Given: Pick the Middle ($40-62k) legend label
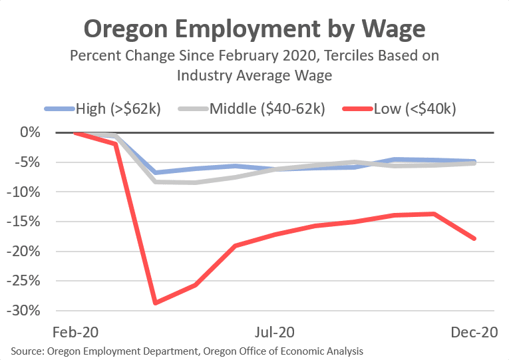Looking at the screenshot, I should [x=267, y=108].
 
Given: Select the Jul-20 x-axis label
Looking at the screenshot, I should [x=275, y=331].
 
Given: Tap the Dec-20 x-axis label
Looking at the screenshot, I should [x=475, y=331].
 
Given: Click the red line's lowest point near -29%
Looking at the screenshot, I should [x=155, y=303].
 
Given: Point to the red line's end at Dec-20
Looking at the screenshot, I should [x=475, y=238].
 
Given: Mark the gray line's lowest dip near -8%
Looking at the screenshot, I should [x=194, y=182].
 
